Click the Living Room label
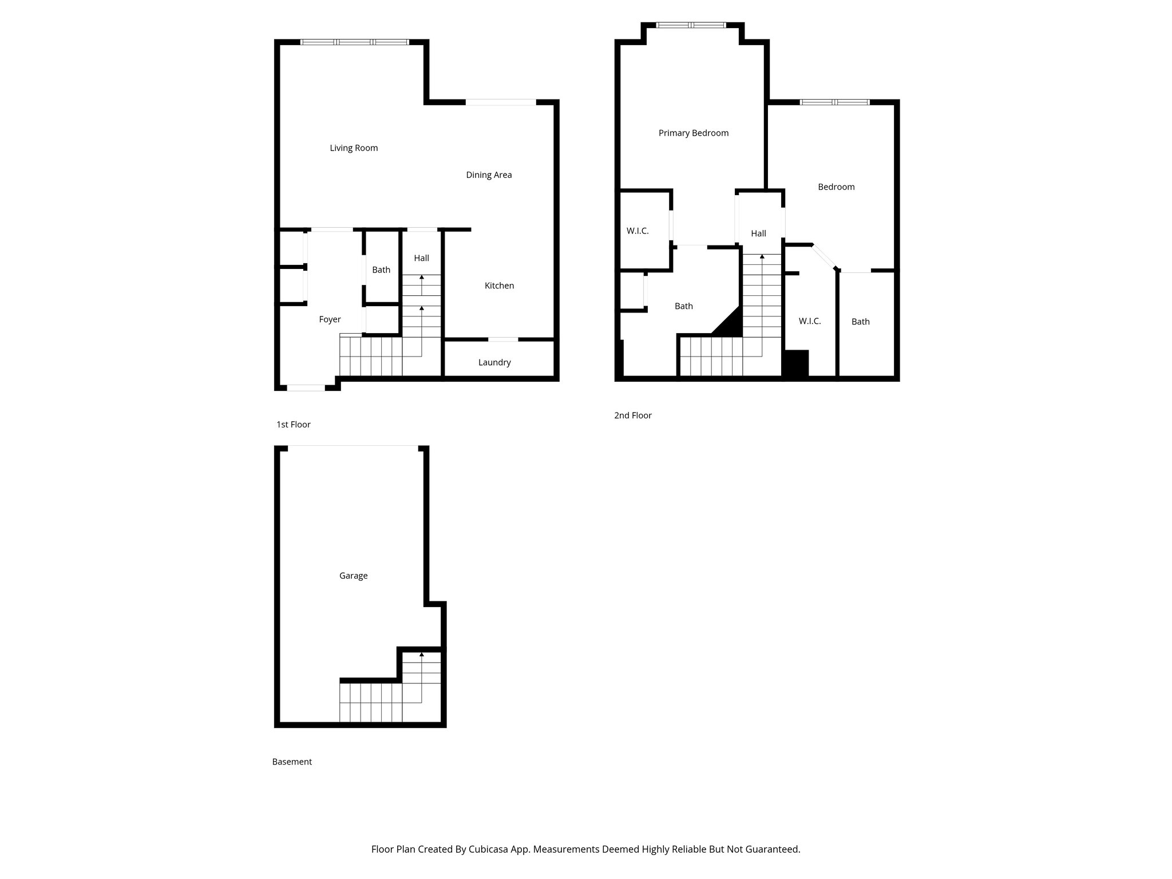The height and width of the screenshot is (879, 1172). click(x=354, y=148)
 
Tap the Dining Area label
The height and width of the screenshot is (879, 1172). click(x=489, y=175)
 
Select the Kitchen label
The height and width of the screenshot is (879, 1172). click(x=499, y=286)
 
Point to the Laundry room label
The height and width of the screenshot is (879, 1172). click(x=494, y=362)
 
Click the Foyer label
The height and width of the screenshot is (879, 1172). click(x=330, y=319)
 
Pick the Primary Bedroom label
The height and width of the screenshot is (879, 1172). click(x=694, y=133)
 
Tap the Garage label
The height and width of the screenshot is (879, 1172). click(x=353, y=576)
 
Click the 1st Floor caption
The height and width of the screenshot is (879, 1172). click(x=293, y=425)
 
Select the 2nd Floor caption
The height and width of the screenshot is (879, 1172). click(x=632, y=415)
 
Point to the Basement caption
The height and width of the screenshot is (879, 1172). click(x=292, y=762)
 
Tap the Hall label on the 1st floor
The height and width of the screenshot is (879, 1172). click(x=421, y=258)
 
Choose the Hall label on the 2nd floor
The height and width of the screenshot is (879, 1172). click(x=758, y=233)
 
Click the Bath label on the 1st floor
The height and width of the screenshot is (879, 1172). click(x=381, y=270)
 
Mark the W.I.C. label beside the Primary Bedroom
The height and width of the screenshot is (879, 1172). click(x=638, y=231)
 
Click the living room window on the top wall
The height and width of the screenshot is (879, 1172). click(x=355, y=42)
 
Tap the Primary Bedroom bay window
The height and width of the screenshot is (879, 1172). click(x=691, y=25)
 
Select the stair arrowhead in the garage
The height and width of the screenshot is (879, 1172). click(x=422, y=654)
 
